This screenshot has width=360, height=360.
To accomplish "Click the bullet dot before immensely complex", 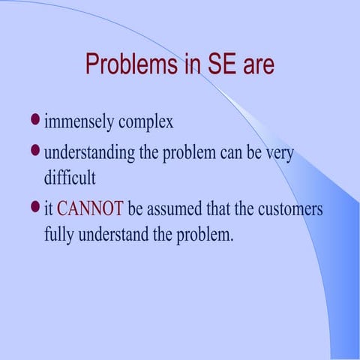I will click(34, 119).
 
